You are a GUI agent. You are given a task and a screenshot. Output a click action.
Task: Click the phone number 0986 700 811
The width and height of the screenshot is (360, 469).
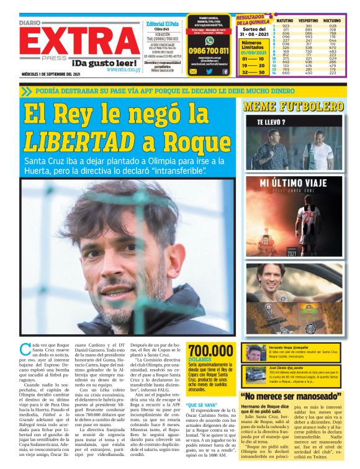click(x=209, y=51)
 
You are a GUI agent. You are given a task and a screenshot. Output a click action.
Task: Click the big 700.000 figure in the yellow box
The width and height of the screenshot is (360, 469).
click(x=211, y=350)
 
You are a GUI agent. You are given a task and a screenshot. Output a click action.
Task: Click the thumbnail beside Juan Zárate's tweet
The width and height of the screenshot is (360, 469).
click(x=253, y=374)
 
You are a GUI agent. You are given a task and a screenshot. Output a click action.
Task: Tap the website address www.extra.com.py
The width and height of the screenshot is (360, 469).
click(x=122, y=69)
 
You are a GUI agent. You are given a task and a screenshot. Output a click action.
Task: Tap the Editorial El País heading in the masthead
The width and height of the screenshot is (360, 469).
click(x=162, y=24)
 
